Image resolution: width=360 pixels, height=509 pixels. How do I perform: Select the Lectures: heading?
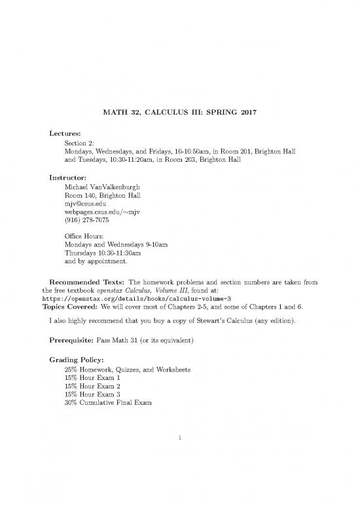pos(67,134)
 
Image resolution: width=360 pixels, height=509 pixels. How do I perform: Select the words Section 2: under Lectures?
pos(80,143)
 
